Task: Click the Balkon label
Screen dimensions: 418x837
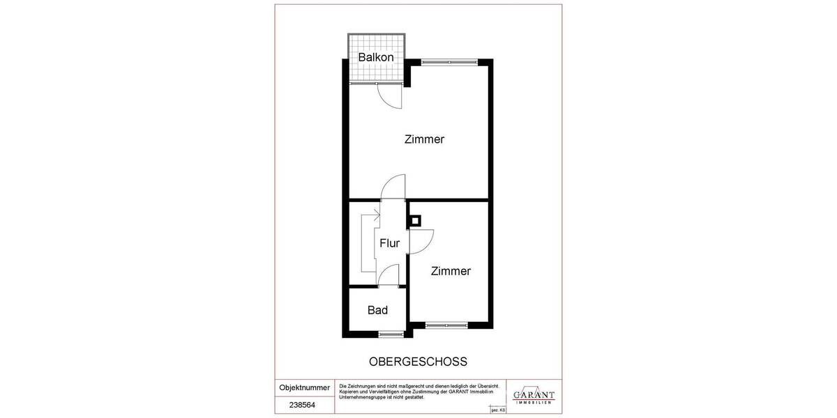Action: coord(376,57)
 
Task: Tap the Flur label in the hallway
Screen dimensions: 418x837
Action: coord(389,243)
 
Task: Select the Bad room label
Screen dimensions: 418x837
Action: coord(377,310)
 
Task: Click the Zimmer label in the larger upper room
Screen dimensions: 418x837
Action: coord(424,139)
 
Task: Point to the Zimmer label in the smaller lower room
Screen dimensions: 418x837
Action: coord(450,271)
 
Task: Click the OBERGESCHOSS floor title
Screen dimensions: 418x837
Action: coord(417,362)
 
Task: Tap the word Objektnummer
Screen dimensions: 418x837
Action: coord(304,387)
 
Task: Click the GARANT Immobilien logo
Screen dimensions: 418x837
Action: coord(534,396)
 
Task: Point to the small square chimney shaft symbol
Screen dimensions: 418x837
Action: coord(415,222)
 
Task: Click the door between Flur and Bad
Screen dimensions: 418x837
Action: coord(388,275)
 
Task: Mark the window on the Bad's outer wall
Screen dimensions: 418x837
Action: coord(390,334)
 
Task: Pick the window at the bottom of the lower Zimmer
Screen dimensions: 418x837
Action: coord(446,325)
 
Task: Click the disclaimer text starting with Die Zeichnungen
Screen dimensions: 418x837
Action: coord(418,392)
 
